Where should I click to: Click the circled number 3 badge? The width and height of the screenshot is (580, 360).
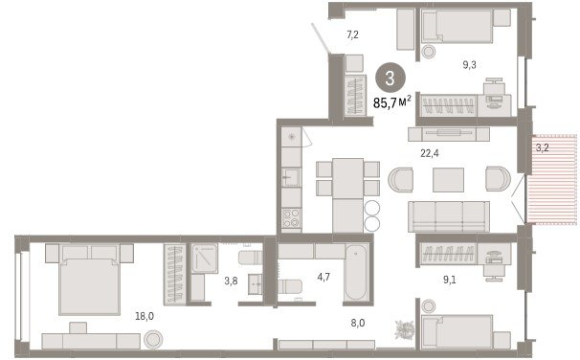point(390,79)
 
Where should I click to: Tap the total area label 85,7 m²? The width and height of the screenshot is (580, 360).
point(392,102)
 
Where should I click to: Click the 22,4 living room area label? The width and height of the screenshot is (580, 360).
point(430,153)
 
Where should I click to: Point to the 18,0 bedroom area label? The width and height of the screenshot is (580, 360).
point(145,316)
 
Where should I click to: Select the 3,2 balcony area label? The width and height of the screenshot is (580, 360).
point(543,148)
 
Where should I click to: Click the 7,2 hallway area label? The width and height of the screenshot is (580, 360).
point(352,35)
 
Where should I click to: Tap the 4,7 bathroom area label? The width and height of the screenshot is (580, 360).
point(323,277)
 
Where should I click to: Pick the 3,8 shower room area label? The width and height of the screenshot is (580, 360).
point(231,281)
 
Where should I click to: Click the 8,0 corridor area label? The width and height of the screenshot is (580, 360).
point(358,323)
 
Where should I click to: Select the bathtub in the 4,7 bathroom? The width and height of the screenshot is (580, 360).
point(356,272)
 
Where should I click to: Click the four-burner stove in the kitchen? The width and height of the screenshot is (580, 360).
point(291,217)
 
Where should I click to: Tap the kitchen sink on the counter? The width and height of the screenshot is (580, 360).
point(291,177)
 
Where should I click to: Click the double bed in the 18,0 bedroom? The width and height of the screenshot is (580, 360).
point(90,280)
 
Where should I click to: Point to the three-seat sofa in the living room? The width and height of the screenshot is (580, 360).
point(449,216)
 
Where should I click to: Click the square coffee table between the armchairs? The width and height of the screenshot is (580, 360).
point(448,180)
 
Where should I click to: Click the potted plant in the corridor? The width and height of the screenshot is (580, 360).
point(404,329)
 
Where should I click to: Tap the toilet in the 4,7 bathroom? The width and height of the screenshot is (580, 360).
point(290,286)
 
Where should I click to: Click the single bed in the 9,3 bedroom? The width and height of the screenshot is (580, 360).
point(457,26)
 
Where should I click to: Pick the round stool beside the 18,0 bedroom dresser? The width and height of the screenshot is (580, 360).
point(153,340)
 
